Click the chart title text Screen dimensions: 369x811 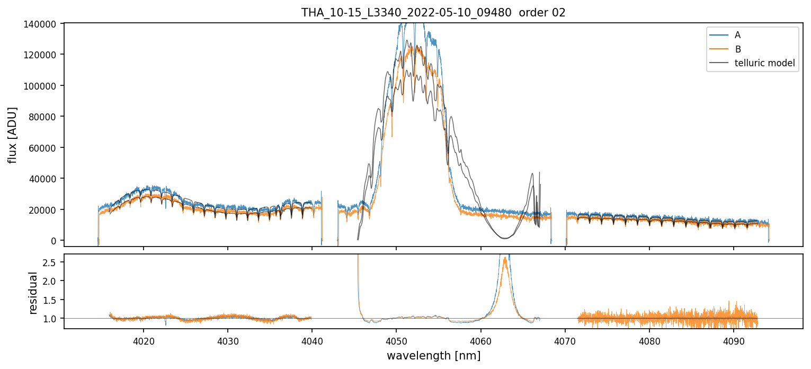[x=433, y=13]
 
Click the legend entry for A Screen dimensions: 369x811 [x=737, y=35]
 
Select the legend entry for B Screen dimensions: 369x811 [x=737, y=49]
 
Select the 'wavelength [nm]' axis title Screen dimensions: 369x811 [x=433, y=355]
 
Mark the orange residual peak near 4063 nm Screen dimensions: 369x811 [x=505, y=259]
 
